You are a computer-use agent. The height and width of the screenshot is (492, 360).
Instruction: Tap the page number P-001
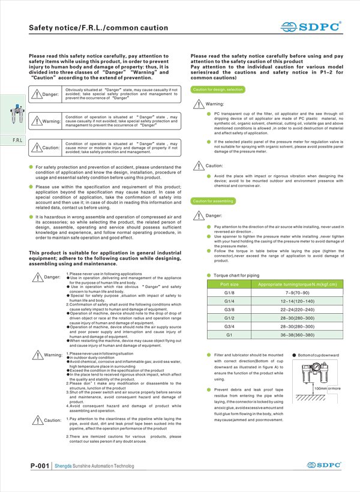coord(38,466)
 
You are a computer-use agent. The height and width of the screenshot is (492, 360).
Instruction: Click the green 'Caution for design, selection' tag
coord(217,89)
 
